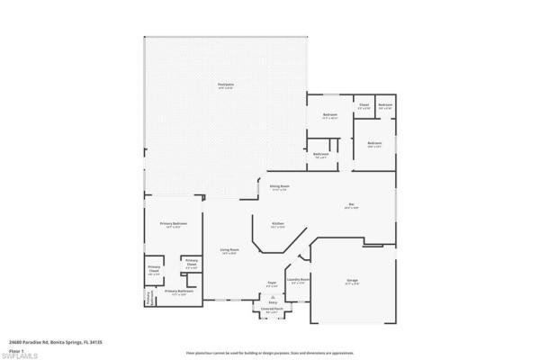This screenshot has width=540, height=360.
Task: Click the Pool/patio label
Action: point(225,85)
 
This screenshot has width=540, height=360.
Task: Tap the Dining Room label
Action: point(279,186)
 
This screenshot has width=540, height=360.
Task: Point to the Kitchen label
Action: point(279,223)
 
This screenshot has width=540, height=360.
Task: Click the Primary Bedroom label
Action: point(174,223)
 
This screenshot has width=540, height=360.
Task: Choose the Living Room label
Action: point(229,249)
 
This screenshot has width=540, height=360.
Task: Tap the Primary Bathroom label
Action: point(179,292)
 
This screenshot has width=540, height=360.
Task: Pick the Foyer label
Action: point(271,283)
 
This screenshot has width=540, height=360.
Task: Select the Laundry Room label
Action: point(299,280)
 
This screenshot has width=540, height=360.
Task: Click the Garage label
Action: point(352,281)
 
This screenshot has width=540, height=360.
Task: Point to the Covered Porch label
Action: point(273,309)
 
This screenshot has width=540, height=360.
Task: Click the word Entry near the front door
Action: point(273,303)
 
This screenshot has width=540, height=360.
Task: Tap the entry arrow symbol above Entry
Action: point(273,296)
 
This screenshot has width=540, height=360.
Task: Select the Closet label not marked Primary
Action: point(364,105)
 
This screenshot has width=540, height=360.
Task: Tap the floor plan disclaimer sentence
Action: point(270,354)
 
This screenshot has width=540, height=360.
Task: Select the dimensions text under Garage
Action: point(352,284)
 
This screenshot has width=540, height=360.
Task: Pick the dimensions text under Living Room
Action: point(229,254)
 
